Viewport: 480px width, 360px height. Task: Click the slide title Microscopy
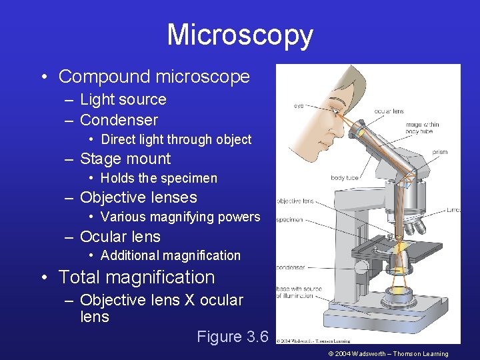coord(239,35)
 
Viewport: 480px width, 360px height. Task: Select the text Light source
coord(123,100)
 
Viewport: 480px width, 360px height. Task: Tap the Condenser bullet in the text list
coord(119,120)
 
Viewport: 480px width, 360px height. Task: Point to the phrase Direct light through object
coord(176,139)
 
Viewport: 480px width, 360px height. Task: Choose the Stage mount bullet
coord(125,159)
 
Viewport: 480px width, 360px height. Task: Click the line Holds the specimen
coord(159,178)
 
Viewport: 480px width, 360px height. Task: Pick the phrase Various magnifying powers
coord(180,217)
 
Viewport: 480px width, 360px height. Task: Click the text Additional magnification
coord(170,255)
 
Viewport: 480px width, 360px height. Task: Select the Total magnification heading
coord(137,277)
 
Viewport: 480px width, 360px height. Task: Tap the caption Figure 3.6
coord(232,337)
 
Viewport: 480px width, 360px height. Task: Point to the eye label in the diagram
coord(299,105)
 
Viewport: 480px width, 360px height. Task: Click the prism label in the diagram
coord(440,152)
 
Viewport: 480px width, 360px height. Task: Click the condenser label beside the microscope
coord(291,268)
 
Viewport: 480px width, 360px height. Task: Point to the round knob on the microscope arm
coord(362,269)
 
